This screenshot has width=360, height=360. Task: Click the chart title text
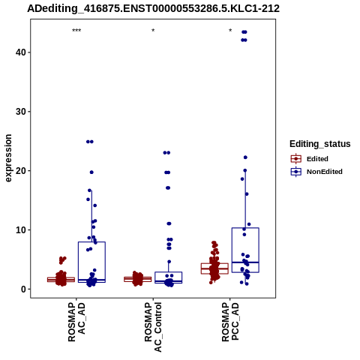point(153,9)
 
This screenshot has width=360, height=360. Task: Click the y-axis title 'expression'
point(8,158)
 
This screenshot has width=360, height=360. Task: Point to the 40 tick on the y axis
point(21,52)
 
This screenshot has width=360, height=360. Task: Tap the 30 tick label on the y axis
point(21,112)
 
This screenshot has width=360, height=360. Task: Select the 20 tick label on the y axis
point(21,171)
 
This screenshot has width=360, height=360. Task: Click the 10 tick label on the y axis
point(21,230)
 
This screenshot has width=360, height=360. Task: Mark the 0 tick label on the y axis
point(24,289)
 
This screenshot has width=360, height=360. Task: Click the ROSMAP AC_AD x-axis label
point(76,322)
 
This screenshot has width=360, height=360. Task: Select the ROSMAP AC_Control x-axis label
point(153,327)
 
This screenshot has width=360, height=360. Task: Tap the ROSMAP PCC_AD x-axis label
point(230,322)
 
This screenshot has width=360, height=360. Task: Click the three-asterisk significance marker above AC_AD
point(76,31)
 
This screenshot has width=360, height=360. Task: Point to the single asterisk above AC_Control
point(153,31)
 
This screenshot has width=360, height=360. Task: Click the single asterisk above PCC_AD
point(230,31)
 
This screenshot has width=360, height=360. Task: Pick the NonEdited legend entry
point(316,172)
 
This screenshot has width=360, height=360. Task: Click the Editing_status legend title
point(320,144)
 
